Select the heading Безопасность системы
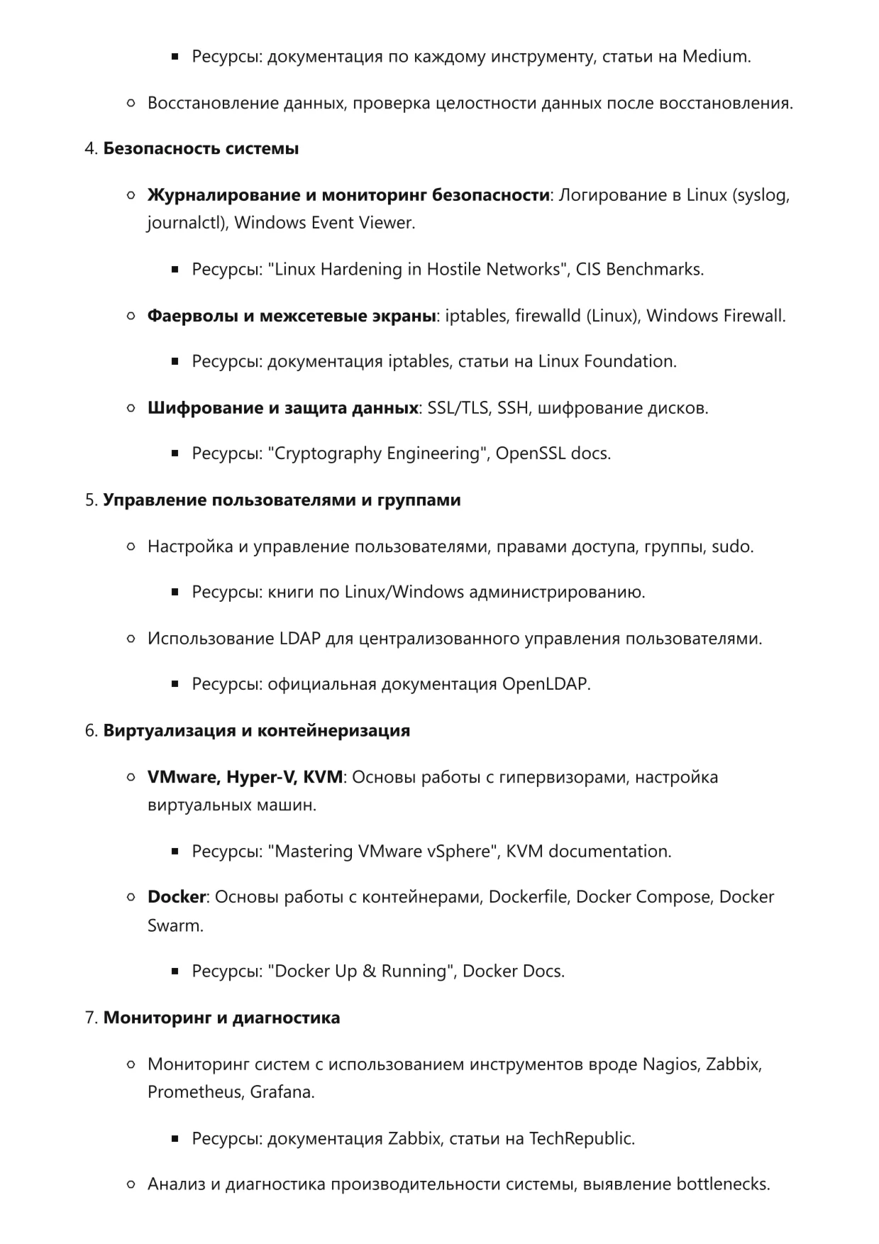click(201, 149)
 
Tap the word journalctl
click(186, 223)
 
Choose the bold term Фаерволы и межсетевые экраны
click(291, 316)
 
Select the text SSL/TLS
click(458, 408)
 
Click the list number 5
click(90, 500)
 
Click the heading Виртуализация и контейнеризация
click(257, 731)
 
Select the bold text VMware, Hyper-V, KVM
click(245, 777)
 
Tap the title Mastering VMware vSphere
click(382, 851)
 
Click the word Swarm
click(174, 925)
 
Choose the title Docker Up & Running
click(362, 971)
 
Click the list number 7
click(90, 1018)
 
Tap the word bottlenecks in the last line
click(722, 1184)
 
